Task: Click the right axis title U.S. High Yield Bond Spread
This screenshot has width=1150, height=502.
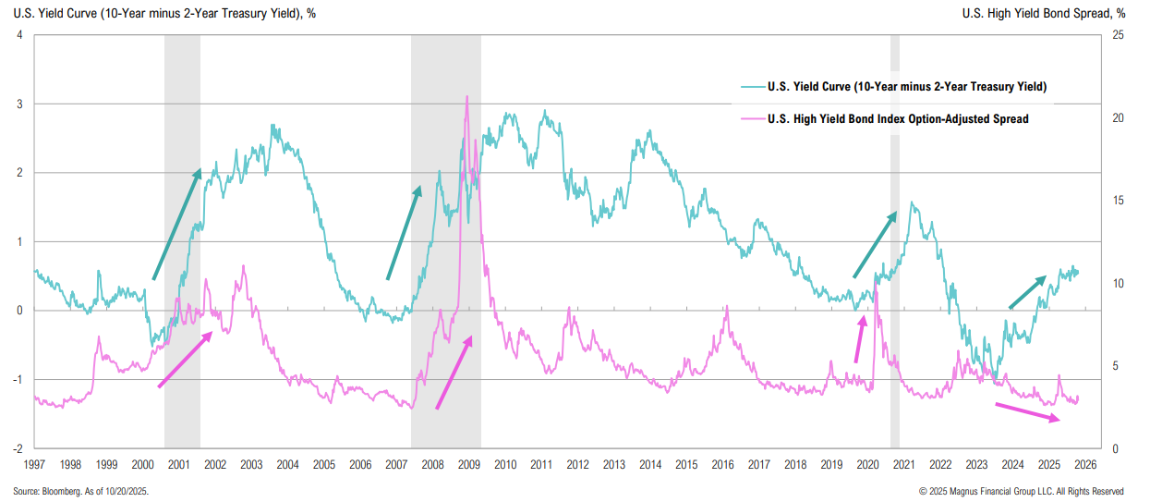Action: [1043, 13]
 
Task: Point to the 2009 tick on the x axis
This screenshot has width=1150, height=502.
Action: [468, 464]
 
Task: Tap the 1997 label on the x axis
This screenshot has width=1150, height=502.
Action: [34, 464]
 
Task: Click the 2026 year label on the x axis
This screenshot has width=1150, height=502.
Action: [1084, 464]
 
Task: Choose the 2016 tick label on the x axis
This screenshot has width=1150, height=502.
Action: [722, 464]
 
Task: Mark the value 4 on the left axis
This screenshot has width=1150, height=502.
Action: [19, 35]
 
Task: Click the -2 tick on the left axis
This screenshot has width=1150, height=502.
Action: [18, 448]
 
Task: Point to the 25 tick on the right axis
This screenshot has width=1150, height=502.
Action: [1118, 35]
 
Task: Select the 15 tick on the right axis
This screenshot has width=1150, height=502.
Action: [1118, 201]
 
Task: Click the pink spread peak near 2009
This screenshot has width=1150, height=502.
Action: [467, 97]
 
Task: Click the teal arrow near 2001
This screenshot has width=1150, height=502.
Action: [176, 224]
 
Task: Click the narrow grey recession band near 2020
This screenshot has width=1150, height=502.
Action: [894, 240]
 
